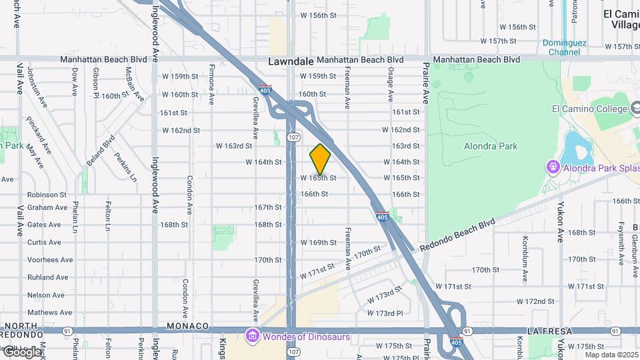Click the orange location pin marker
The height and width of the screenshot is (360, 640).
pyautogui.click(x=320, y=159)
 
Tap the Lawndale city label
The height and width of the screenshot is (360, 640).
pyautogui.click(x=291, y=61)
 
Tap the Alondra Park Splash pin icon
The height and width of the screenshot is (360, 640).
pyautogui.click(x=553, y=166)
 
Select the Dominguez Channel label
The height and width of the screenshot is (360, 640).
pyautogui.click(x=563, y=47)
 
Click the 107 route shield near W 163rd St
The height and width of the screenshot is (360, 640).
pyautogui.click(x=293, y=137)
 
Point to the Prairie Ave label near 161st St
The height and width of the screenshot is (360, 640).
pyautogui.click(x=425, y=83)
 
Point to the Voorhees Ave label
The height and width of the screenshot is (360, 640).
pyautogui.click(x=50, y=260)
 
